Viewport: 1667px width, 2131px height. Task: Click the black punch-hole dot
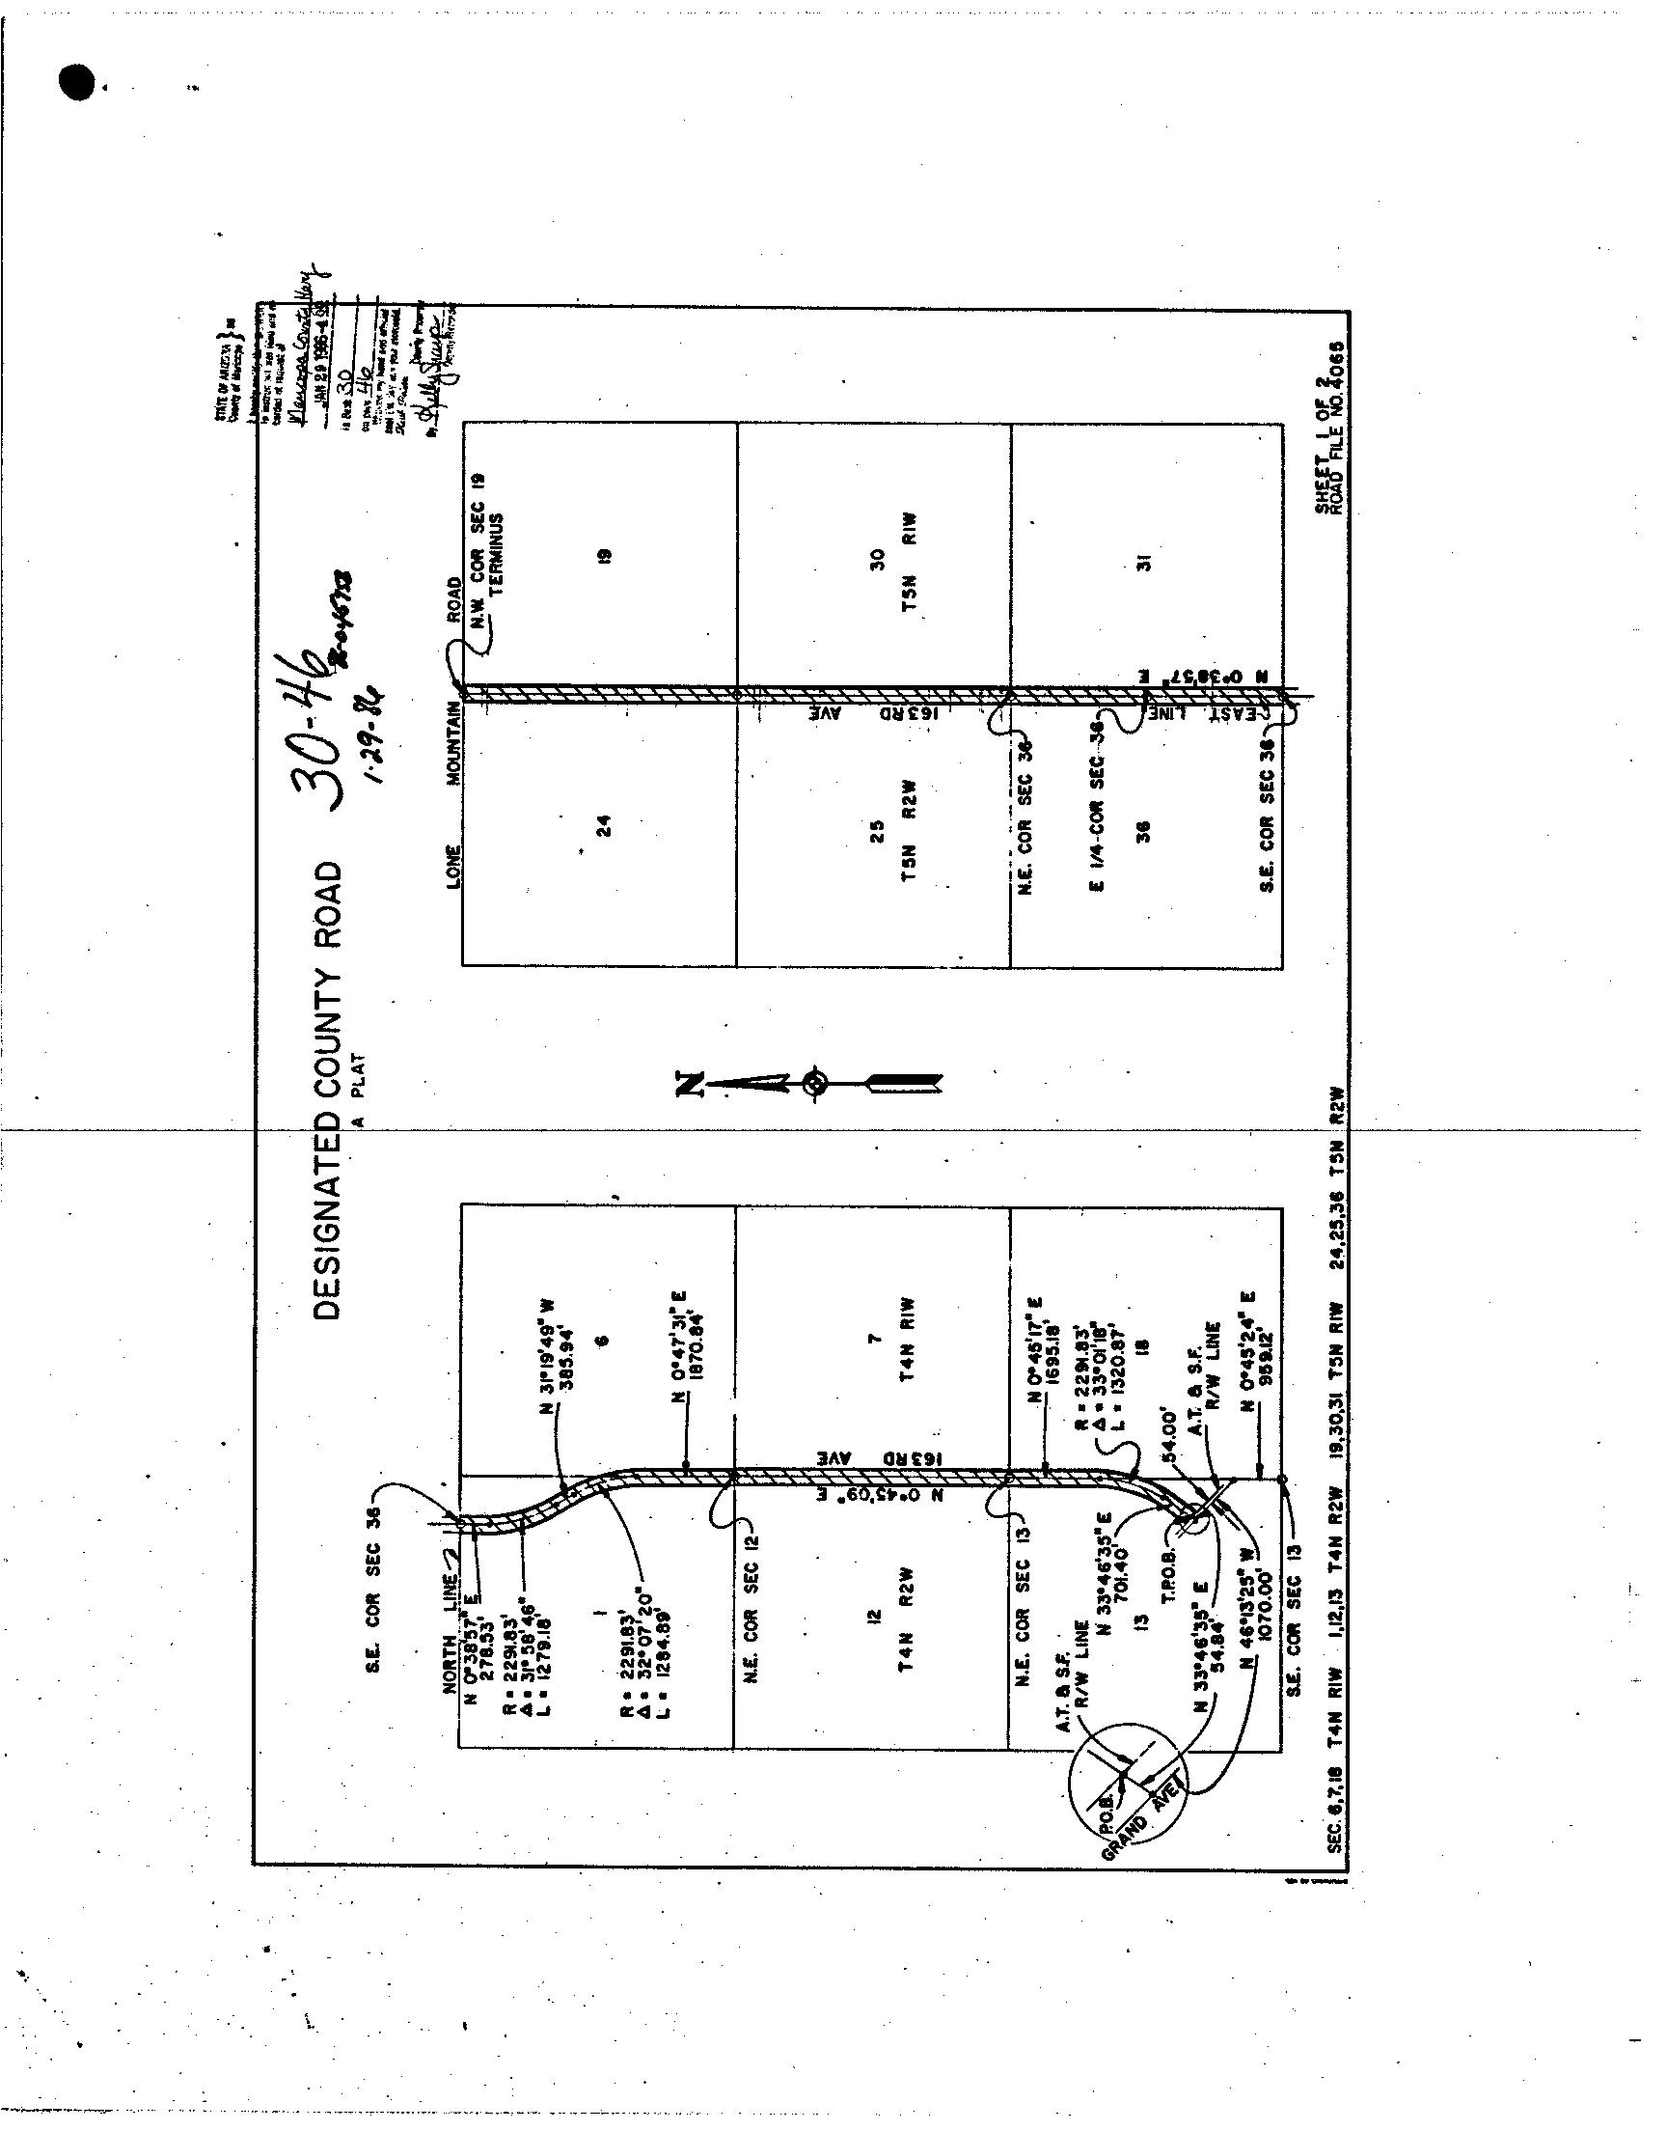point(76,83)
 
